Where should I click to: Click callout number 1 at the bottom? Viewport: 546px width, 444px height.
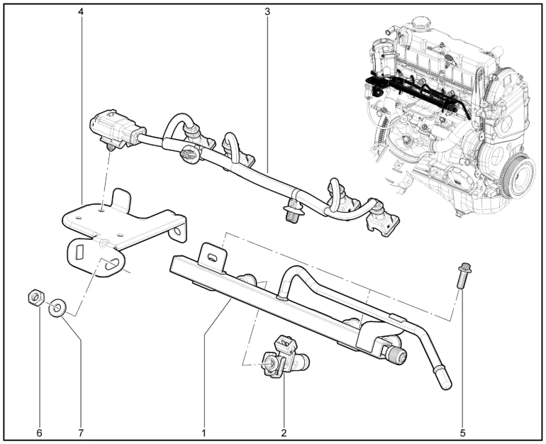(204, 433)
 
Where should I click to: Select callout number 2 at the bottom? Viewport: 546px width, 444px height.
(284, 433)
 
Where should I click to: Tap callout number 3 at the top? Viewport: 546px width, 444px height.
(267, 11)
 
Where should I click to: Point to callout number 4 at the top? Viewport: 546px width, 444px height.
(81, 11)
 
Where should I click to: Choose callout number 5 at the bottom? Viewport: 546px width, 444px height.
(463, 433)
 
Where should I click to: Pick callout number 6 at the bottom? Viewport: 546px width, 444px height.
(39, 433)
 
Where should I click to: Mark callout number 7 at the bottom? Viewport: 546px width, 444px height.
(81, 433)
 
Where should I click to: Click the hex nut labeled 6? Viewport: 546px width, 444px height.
(35, 296)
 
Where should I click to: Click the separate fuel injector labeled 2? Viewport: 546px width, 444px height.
(285, 358)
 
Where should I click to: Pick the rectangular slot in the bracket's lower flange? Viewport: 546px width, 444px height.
(79, 252)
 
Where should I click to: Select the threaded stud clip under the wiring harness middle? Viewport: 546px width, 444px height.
(292, 211)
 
